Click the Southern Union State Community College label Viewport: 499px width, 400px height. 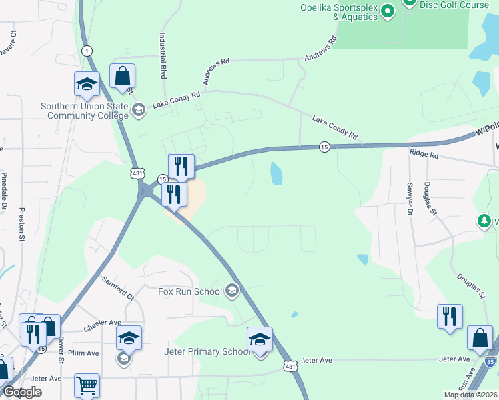tap(84, 111)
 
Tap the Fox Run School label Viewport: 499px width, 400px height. tap(189, 291)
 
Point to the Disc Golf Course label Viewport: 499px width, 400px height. tap(453, 5)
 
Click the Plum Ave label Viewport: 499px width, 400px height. tap(83, 353)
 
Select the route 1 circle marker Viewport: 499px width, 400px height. tap(87, 51)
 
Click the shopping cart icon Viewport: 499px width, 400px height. tap(87, 385)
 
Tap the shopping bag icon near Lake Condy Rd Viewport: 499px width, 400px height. tap(123, 77)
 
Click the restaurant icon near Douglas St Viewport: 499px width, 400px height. tap(450, 316)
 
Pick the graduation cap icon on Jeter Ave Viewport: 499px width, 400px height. tap(260, 339)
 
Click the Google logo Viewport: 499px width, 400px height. tap(22, 392)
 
